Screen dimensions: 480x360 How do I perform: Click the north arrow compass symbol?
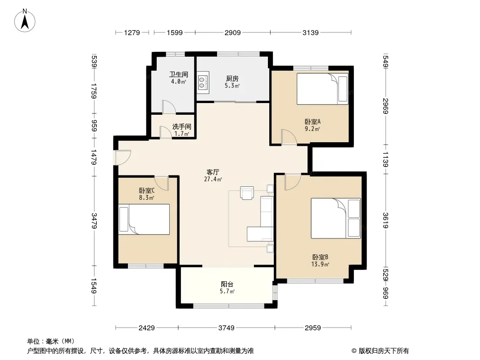point(25,21)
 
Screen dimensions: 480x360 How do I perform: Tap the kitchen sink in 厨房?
point(203,82)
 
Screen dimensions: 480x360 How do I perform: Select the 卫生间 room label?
point(179,74)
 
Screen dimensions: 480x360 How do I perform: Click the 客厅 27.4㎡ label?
point(213,175)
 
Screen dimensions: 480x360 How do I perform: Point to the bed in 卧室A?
point(323,89)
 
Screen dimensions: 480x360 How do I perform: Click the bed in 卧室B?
point(336,218)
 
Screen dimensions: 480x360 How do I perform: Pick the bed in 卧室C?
point(144,219)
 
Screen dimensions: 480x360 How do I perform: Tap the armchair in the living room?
point(247,193)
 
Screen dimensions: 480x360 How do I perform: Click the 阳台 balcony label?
point(227,284)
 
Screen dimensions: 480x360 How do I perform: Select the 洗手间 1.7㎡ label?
point(181,130)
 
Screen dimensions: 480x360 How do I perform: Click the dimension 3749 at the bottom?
point(226,328)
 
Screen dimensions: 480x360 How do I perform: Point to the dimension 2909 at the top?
point(233,32)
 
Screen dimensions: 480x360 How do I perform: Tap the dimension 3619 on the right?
point(385,220)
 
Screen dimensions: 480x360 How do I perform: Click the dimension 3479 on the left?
point(94,220)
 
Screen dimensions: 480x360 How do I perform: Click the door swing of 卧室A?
point(289,137)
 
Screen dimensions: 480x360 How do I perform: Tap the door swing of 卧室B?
point(293,182)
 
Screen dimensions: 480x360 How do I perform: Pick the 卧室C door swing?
point(162,183)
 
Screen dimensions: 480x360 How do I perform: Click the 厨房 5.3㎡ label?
point(232,82)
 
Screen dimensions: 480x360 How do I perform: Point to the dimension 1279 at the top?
point(132,32)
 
